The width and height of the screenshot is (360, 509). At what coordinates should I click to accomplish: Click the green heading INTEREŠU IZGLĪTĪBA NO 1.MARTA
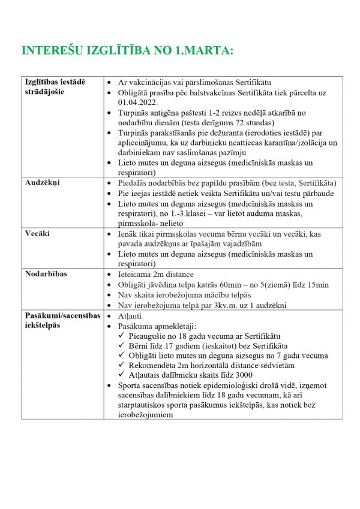[x=127, y=51]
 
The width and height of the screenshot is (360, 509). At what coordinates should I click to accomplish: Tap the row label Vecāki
[x=37, y=233]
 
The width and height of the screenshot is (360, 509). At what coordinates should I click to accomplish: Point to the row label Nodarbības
[x=46, y=274]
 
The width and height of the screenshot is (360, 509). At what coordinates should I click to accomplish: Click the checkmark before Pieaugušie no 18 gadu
[x=122, y=336]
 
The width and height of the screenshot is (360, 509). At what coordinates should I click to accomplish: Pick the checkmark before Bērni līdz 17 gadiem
[x=122, y=345]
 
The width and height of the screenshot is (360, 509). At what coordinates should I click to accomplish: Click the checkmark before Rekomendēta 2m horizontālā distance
[x=122, y=365]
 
